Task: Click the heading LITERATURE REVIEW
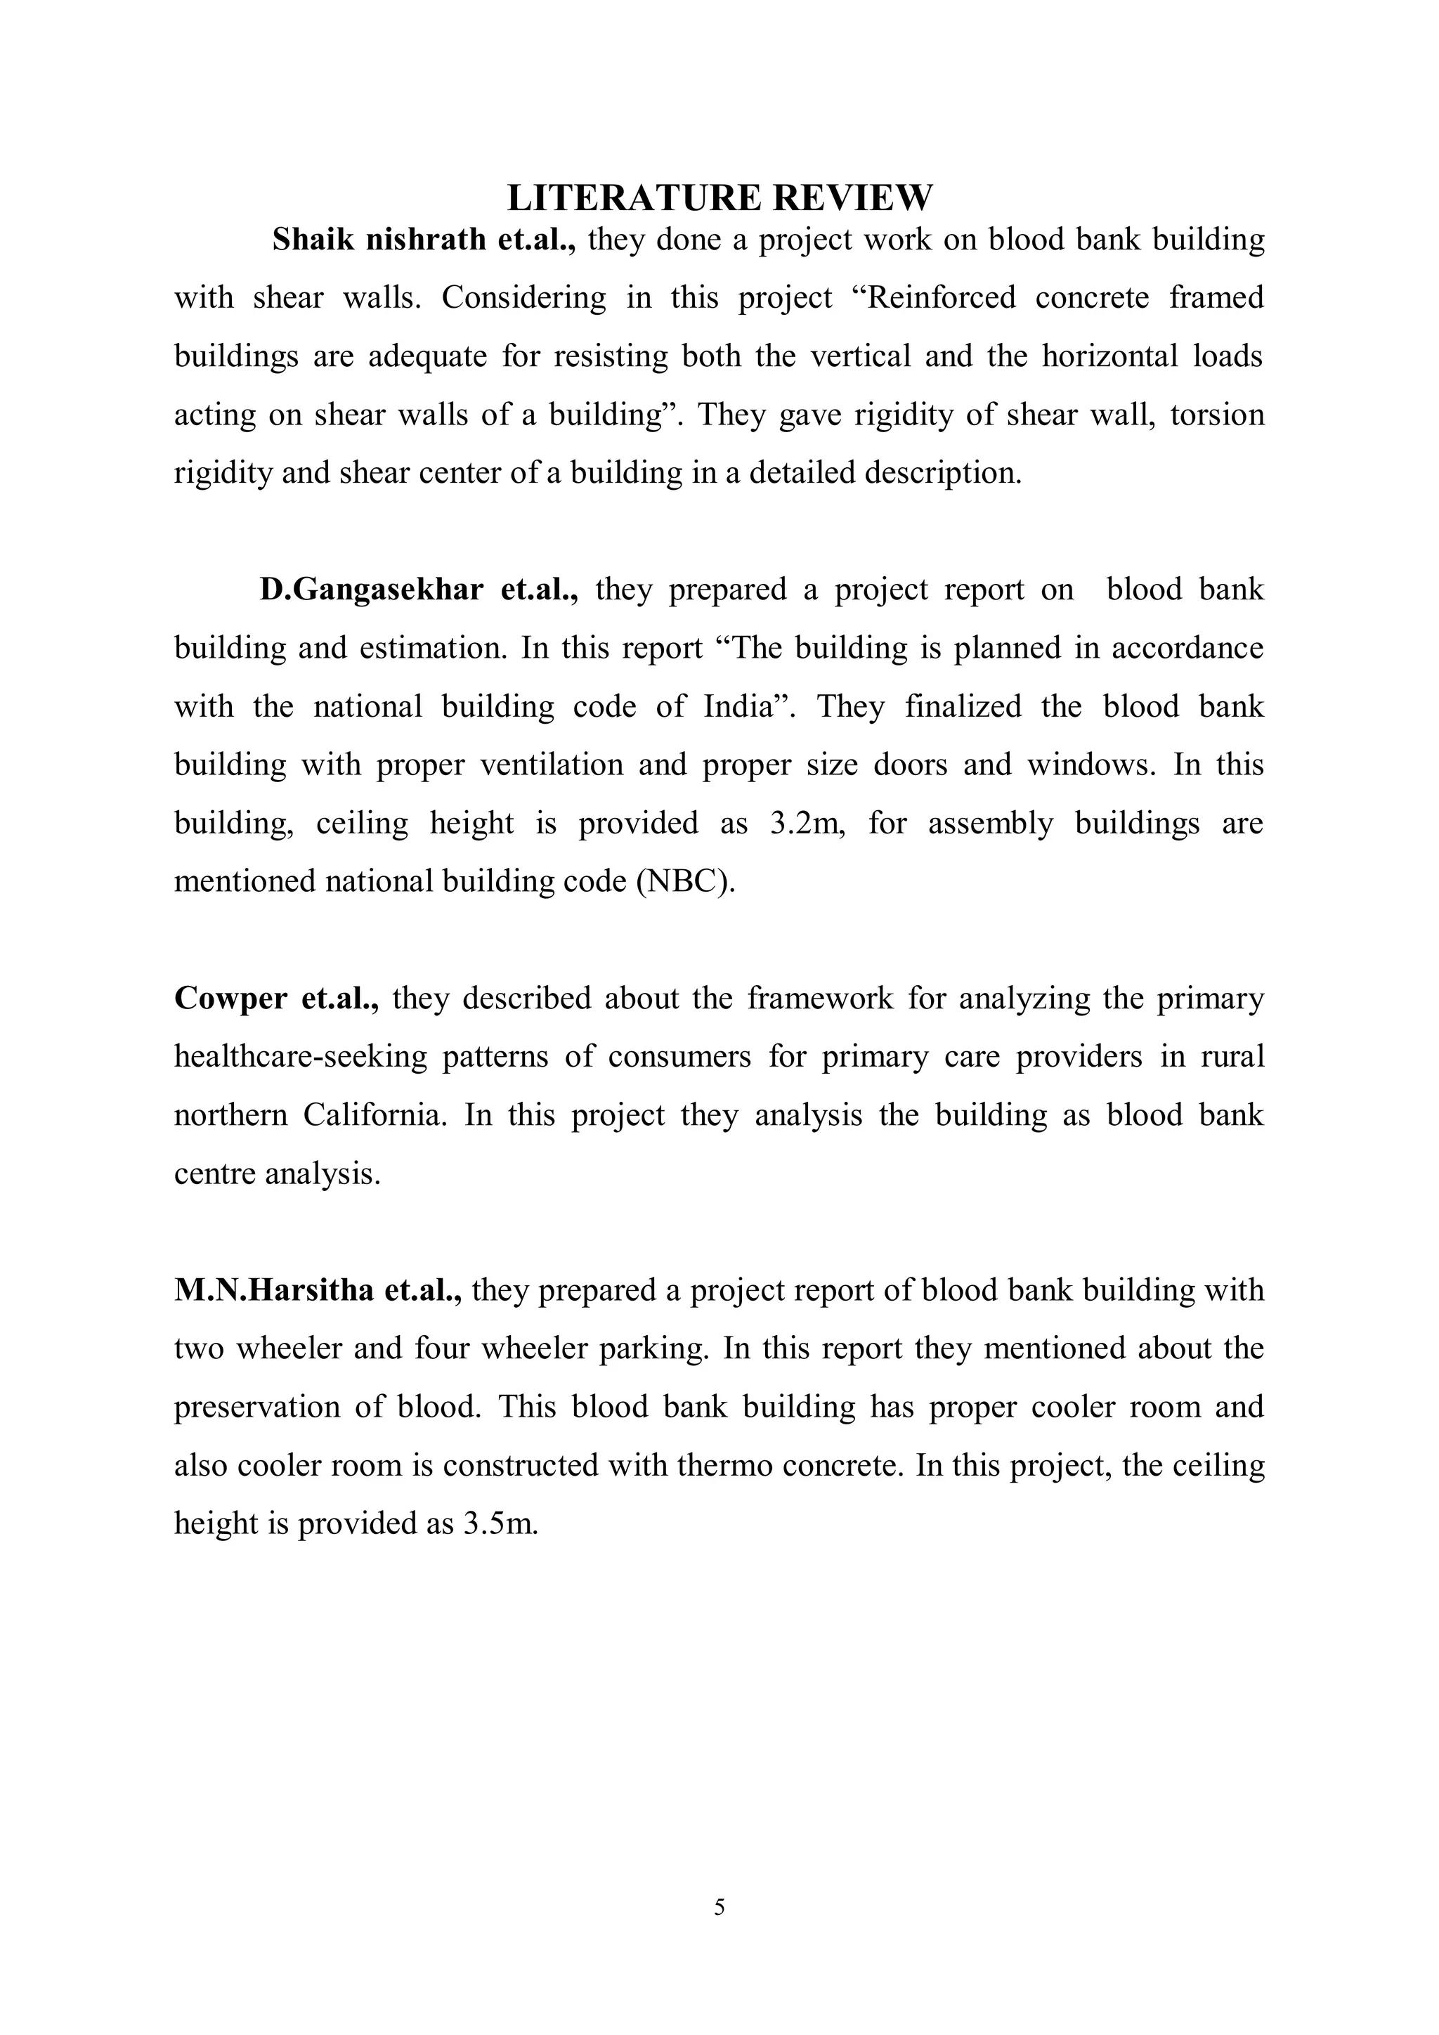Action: point(719,197)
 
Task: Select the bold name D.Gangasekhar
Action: point(371,590)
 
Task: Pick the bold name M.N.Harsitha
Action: point(274,1289)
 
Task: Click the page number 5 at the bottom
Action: point(719,1907)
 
